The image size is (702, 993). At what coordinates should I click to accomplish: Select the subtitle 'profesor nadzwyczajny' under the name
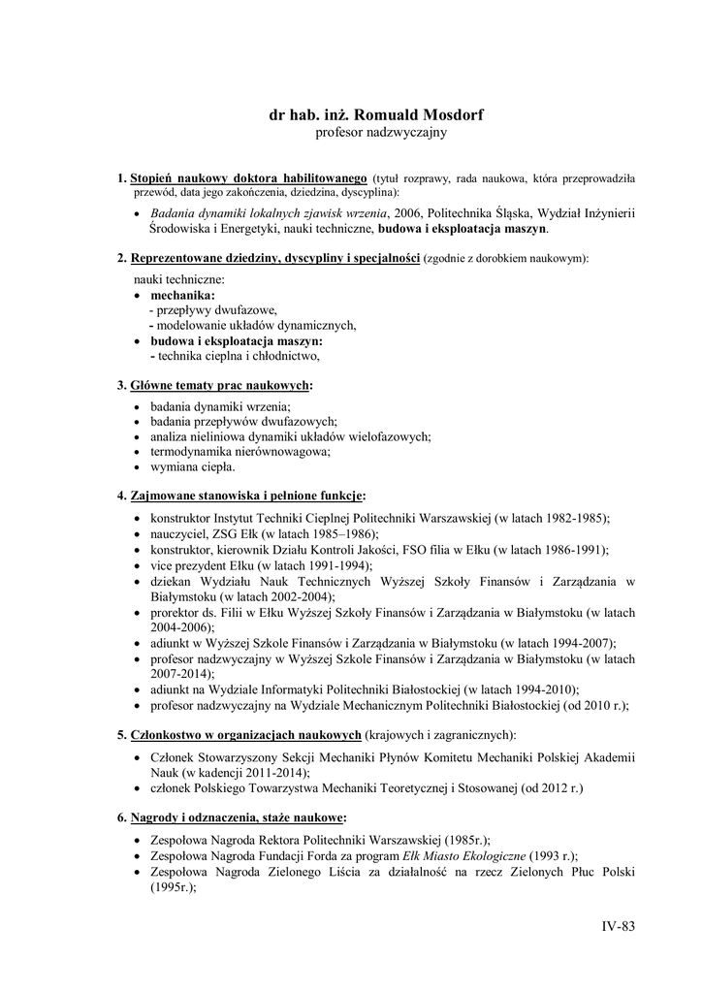click(381, 132)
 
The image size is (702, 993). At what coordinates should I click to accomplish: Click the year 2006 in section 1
click(408, 213)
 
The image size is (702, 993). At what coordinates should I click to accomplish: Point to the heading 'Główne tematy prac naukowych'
click(220, 385)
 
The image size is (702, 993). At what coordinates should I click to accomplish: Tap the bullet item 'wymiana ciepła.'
click(192, 467)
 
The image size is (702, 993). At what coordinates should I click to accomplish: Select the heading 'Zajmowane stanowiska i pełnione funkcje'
click(246, 496)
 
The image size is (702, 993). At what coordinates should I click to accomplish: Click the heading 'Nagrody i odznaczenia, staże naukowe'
click(238, 817)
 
